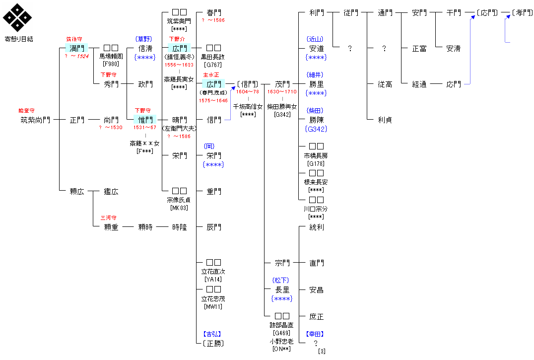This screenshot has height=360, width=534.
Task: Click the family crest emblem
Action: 18,18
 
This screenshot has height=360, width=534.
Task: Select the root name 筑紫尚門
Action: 35,120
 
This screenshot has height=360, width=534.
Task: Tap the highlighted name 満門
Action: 76,48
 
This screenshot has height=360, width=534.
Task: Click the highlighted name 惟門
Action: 145,120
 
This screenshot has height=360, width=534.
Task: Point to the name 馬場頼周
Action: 111,56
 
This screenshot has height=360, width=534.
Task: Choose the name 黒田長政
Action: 213,57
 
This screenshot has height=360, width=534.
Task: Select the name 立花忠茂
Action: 213,298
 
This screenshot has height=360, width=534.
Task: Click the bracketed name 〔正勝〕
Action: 213,343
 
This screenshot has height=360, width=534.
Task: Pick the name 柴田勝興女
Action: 282,106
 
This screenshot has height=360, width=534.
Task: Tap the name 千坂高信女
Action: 248,106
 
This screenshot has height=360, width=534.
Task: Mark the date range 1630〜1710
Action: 282,92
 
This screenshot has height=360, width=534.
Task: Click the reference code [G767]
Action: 213,65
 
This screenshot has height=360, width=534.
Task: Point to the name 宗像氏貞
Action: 179,200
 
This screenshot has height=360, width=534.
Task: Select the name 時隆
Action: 179,227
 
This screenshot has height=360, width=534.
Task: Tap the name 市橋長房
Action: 316,155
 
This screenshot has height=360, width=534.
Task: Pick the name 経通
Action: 419,84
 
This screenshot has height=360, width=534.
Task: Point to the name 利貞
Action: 385,120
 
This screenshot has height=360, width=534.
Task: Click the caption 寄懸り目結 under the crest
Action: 19,38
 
